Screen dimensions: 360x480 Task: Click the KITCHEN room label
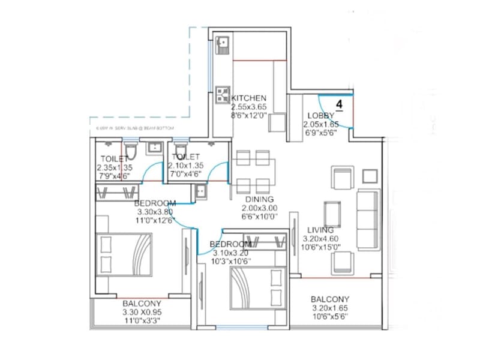pos(249,98)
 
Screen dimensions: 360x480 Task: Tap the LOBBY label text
pos(317,116)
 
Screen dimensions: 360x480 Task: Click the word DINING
pos(259,199)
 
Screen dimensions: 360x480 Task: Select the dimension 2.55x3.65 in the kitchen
pos(249,107)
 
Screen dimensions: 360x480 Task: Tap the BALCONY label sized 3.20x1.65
pos(330,299)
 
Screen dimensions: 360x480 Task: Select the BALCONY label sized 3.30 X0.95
pos(142,304)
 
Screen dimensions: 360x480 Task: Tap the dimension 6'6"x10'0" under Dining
pos(259,216)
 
